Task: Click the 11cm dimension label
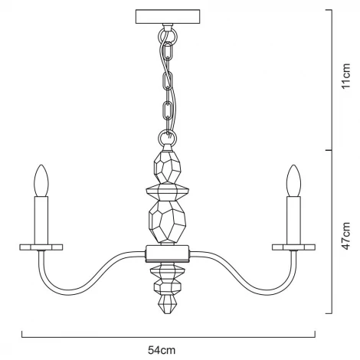point(347,77)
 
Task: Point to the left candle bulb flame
point(41,182)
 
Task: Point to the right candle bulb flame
point(293,182)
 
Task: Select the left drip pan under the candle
point(41,247)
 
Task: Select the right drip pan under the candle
point(293,247)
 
